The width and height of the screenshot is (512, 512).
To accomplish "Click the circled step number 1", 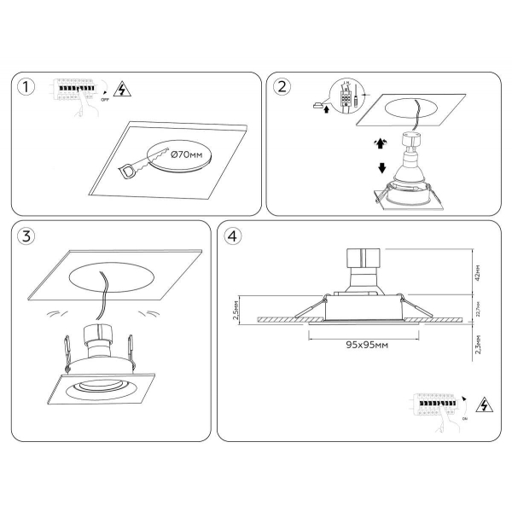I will click(29, 88).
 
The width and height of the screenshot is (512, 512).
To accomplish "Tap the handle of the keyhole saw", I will click(127, 172).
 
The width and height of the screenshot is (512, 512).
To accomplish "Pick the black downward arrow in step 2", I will click(383, 167).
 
